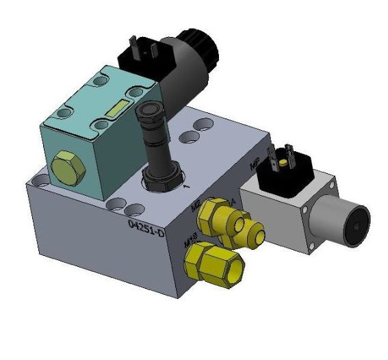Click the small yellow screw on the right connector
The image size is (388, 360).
point(281,162)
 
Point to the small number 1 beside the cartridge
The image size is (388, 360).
point(185,185)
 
